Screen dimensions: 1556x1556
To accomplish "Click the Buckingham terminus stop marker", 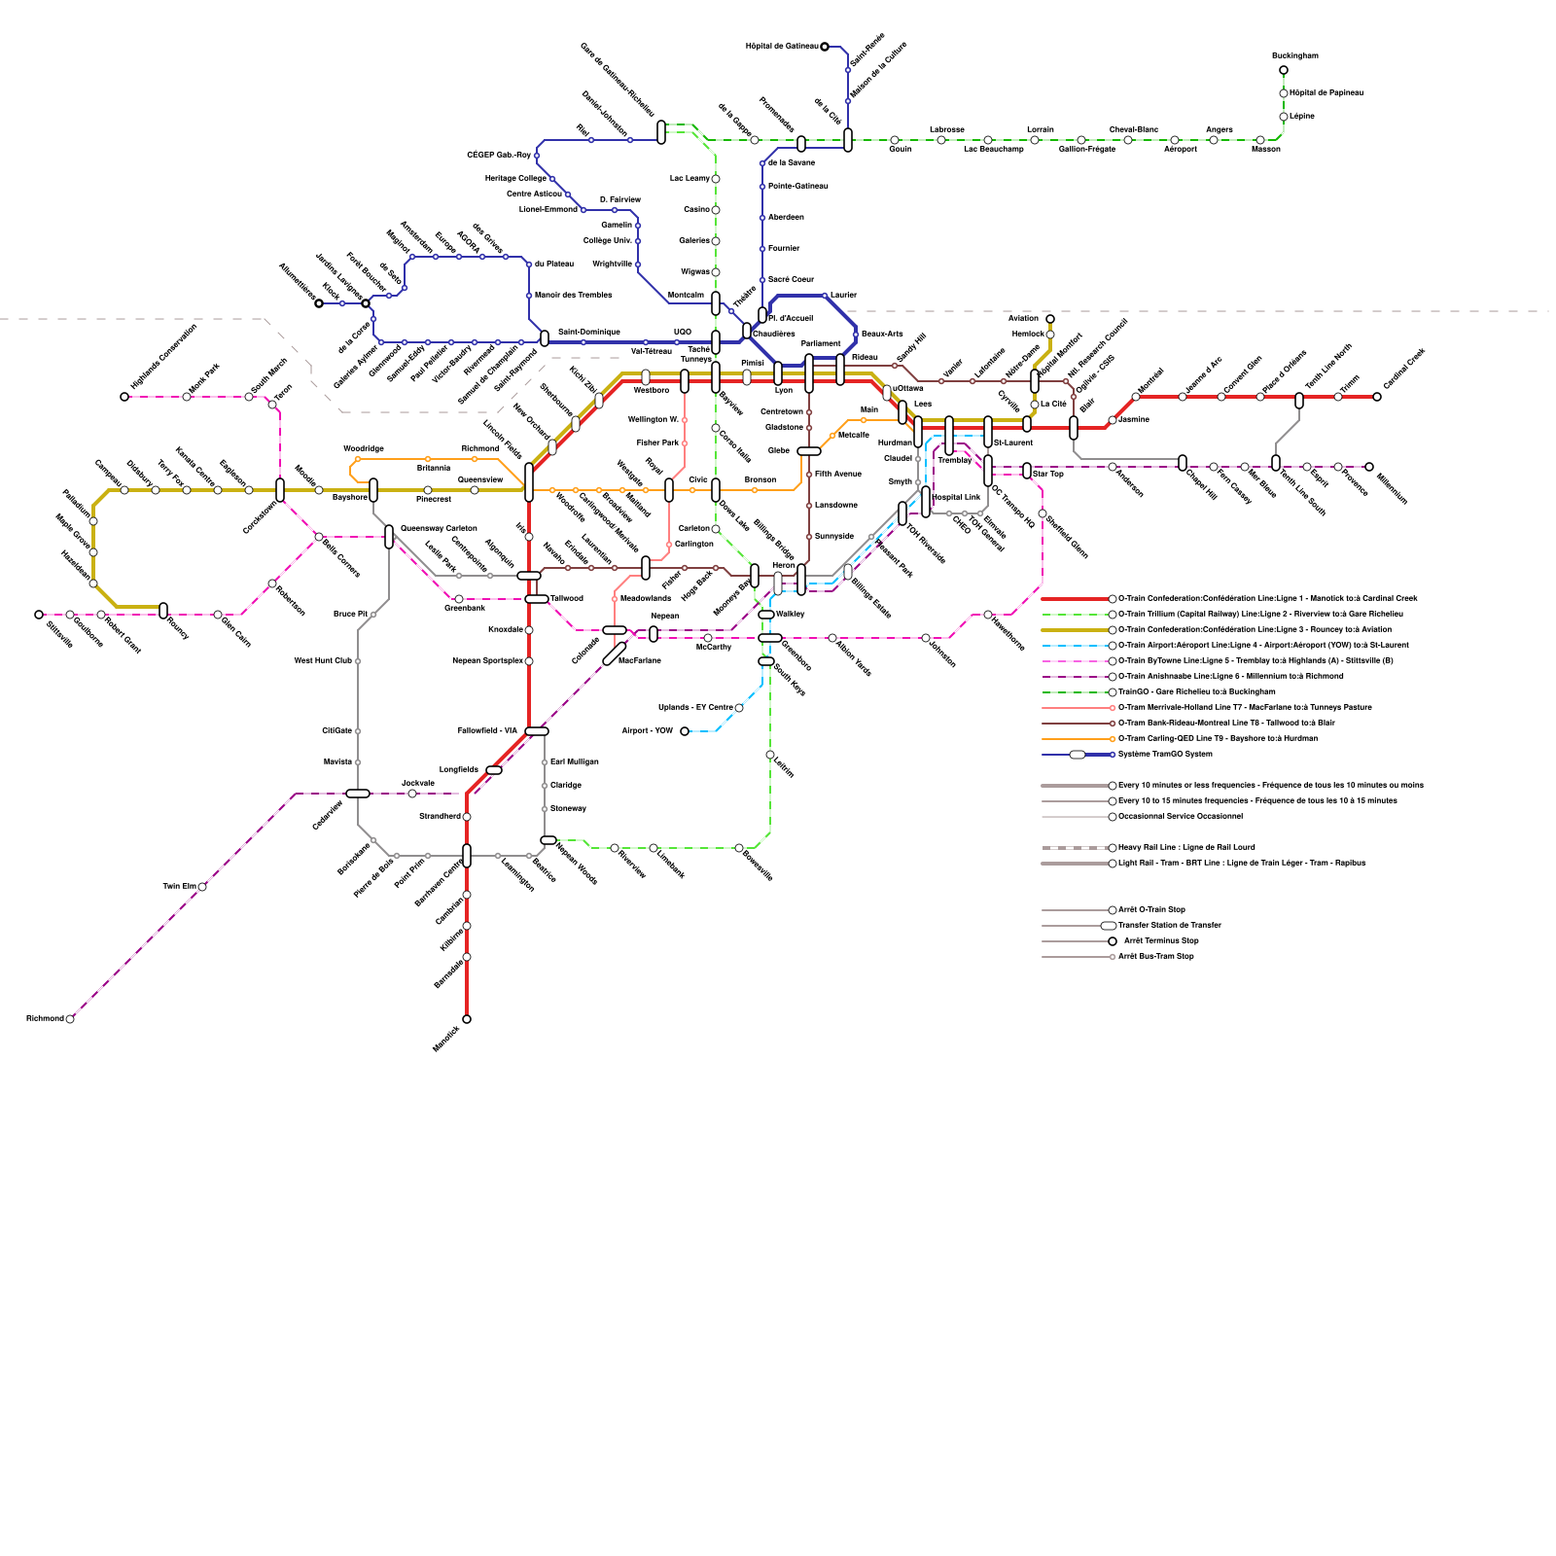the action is coord(1284,70).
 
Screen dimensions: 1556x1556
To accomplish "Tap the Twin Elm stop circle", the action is coord(202,887).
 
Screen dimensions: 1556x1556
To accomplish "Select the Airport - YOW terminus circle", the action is coord(685,731).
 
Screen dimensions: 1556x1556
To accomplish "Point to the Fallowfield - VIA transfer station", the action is coord(537,731).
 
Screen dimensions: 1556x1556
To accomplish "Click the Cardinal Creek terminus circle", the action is coord(1377,397).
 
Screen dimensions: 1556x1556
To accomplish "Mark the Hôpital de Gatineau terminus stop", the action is coord(825,47).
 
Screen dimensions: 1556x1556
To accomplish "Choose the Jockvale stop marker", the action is coord(412,794).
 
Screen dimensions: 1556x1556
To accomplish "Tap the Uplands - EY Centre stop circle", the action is coord(739,708).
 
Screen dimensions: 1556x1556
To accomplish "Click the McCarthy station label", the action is coord(714,647).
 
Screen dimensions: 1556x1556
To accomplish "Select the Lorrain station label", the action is coord(1040,129).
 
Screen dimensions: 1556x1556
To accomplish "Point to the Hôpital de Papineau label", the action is coord(1326,93).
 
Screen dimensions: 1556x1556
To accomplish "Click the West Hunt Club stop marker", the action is coord(358,661).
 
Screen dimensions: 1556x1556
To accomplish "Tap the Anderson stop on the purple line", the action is coord(1113,467).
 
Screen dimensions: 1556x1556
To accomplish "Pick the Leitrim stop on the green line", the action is coord(770,755).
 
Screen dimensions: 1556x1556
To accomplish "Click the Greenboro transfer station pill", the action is coord(770,638).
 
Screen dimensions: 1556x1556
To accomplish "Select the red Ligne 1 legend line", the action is coord(1075,599).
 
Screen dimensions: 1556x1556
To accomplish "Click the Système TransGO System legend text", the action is coord(1165,755).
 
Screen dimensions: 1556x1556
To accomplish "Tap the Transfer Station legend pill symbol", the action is coord(1109,926).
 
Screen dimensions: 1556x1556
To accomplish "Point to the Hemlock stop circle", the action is coord(1050,335).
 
